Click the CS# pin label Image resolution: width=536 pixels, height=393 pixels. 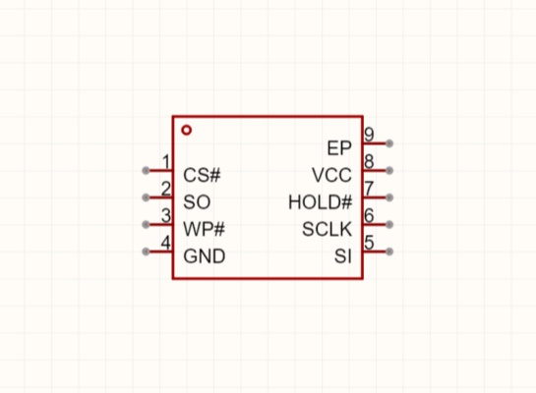click(202, 175)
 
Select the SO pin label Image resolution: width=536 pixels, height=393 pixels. click(197, 202)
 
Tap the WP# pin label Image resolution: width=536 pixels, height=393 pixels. click(205, 229)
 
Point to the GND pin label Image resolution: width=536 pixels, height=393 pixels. click(205, 256)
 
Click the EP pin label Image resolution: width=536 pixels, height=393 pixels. click(339, 148)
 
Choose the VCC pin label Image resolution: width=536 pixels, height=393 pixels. click(331, 175)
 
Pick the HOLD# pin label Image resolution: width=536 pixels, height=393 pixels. click(320, 202)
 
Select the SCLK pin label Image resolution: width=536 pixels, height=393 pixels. click(327, 229)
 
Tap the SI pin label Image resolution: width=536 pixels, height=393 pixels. click(343, 256)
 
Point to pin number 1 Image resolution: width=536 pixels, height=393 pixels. click(166, 161)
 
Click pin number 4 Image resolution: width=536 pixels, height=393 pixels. click(166, 243)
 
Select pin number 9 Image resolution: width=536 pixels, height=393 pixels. click(369, 135)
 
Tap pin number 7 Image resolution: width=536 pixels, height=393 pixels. click(369, 189)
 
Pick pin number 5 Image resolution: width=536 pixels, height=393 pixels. click(369, 243)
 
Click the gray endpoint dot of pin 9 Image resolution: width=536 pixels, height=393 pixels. click(389, 143)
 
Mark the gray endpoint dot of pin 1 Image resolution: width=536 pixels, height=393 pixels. click(146, 170)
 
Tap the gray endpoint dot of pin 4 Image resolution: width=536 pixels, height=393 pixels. click(146, 252)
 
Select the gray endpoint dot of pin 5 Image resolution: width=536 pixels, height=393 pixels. click(389, 252)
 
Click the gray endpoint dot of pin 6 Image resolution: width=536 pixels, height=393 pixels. click(389, 225)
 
